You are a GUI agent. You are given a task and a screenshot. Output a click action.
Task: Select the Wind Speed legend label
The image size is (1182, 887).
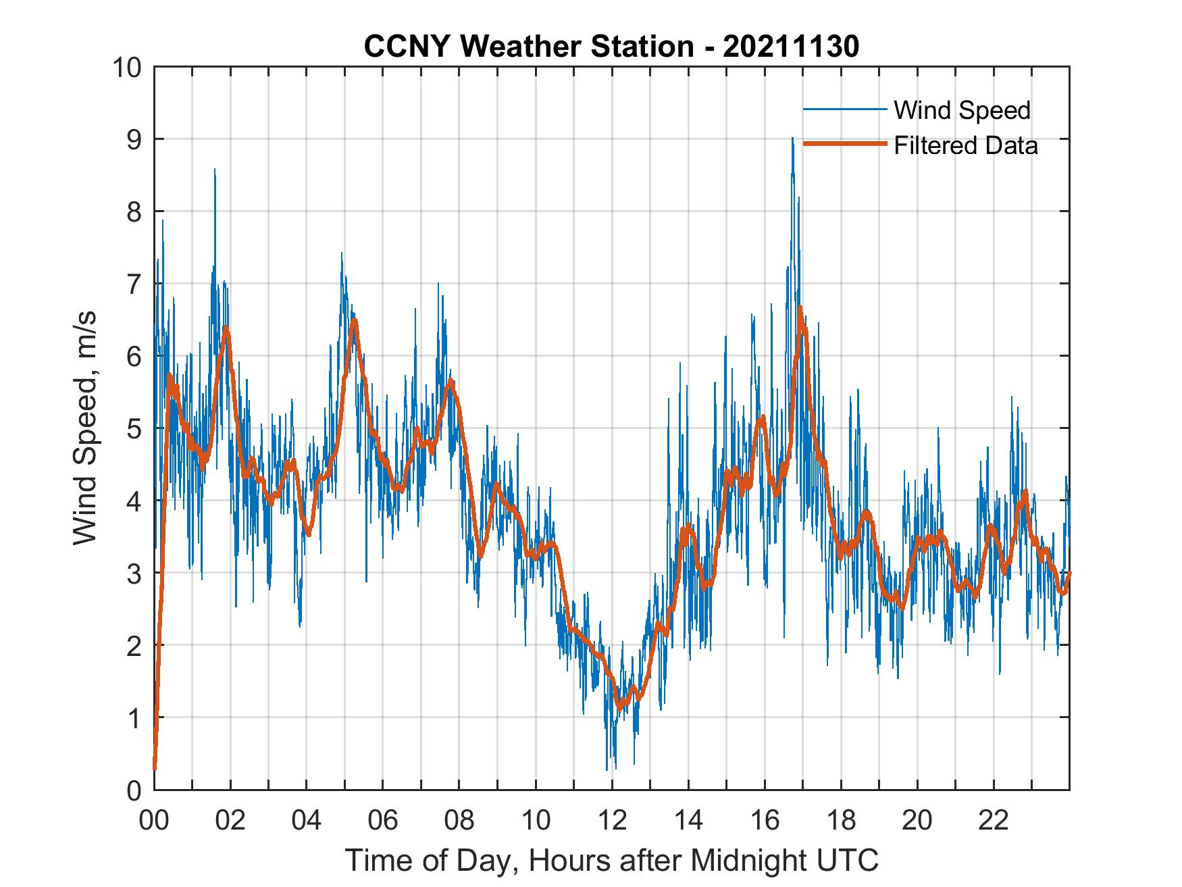pos(962,110)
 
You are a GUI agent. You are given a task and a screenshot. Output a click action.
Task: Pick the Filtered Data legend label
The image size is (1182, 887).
pos(965,145)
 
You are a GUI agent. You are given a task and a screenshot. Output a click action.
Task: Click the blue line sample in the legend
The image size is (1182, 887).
pos(844,109)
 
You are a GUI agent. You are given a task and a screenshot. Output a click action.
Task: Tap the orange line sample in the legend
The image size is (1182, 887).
pos(844,145)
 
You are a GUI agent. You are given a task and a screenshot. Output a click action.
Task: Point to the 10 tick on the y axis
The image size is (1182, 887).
pos(128,68)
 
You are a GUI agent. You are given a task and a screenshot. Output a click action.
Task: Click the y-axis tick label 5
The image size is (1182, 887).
pos(134,428)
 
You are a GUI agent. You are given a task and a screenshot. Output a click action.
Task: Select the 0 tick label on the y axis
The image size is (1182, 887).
pos(134,790)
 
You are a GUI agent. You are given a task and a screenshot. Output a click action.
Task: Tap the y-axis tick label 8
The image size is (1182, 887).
pos(134,212)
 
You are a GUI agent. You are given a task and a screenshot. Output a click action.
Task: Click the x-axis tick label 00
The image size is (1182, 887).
pos(154,820)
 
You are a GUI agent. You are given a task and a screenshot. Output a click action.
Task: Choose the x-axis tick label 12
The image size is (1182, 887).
pos(612,820)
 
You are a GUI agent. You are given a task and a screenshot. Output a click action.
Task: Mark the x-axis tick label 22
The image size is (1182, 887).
pos(994,820)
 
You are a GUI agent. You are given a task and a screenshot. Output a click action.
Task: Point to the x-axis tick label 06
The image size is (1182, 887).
pos(383,820)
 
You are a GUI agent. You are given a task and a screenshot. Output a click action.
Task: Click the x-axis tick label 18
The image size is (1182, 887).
pos(841,820)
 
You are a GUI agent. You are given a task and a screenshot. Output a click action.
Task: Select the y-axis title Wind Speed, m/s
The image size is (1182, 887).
pos(85,428)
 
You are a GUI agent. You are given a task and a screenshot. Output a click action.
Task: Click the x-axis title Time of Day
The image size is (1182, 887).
pos(612,861)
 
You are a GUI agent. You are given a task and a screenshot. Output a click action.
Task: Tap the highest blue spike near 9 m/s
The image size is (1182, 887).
pos(792,139)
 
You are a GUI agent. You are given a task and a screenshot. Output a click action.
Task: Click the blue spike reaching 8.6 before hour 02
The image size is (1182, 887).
pos(215,170)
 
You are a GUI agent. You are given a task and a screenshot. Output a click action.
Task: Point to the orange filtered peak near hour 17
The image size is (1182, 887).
pos(800,308)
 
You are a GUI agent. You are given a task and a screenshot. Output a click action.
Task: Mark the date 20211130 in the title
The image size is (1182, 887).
pos(790,47)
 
